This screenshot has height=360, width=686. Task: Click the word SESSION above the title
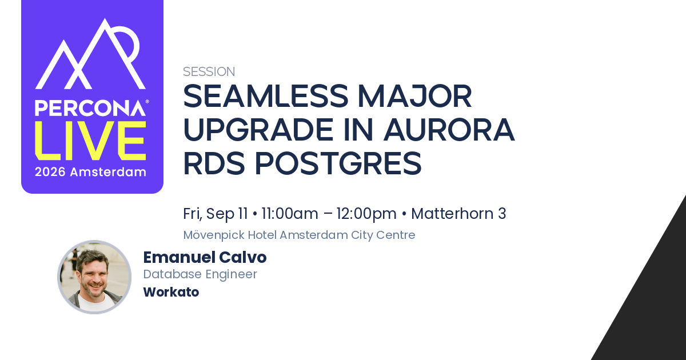point(209,71)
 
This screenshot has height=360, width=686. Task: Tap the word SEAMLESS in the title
point(266,96)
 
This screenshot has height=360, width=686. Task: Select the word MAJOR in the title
point(414,96)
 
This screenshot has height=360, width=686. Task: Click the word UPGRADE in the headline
point(258,130)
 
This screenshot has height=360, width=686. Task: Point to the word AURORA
point(449,130)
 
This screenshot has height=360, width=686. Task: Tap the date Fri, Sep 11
point(216,214)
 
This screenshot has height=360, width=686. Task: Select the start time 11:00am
point(290,214)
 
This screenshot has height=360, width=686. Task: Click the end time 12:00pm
point(366,214)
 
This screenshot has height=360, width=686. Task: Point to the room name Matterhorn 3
point(458,213)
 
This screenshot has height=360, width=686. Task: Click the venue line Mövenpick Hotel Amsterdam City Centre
point(299,235)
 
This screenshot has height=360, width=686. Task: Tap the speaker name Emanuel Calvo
point(205,257)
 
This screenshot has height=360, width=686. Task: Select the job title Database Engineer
point(200,274)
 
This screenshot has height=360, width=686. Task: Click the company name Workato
point(171,292)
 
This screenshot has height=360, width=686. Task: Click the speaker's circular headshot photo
point(94,277)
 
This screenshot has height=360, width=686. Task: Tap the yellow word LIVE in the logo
point(90,141)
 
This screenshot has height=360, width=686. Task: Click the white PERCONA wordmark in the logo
point(90,108)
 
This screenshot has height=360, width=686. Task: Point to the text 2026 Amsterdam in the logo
point(90,172)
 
